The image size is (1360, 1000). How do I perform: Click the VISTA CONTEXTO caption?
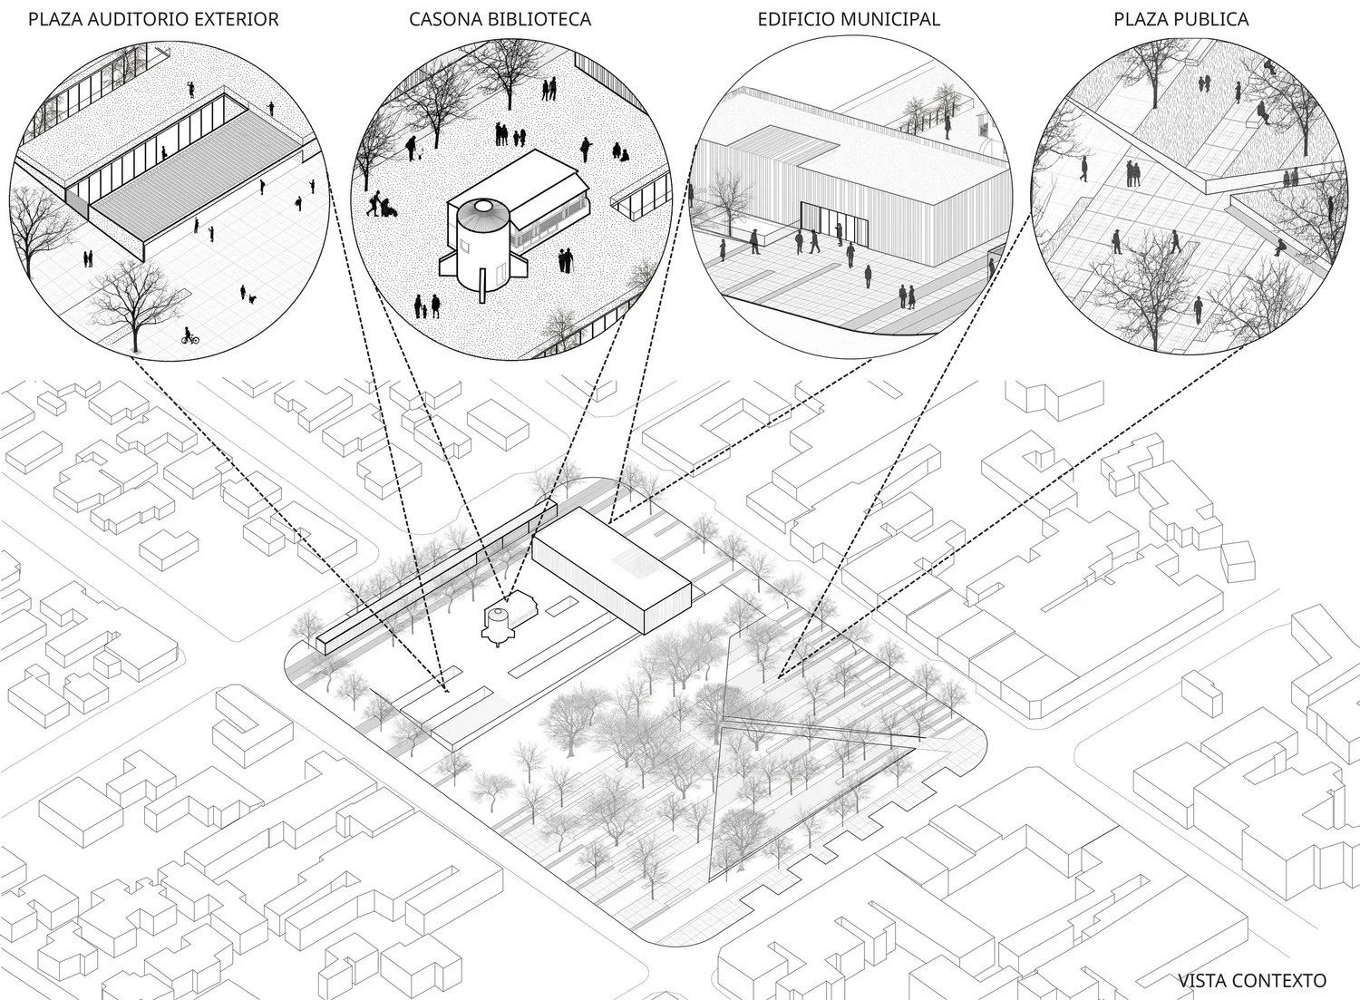click(x=1251, y=980)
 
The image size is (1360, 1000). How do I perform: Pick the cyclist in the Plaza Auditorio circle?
click(x=189, y=337)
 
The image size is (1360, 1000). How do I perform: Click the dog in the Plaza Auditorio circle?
click(x=253, y=297)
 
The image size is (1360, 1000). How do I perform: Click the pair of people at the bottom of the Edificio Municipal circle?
click(x=907, y=296)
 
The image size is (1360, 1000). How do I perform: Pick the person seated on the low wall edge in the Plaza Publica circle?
click(x=1279, y=247)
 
